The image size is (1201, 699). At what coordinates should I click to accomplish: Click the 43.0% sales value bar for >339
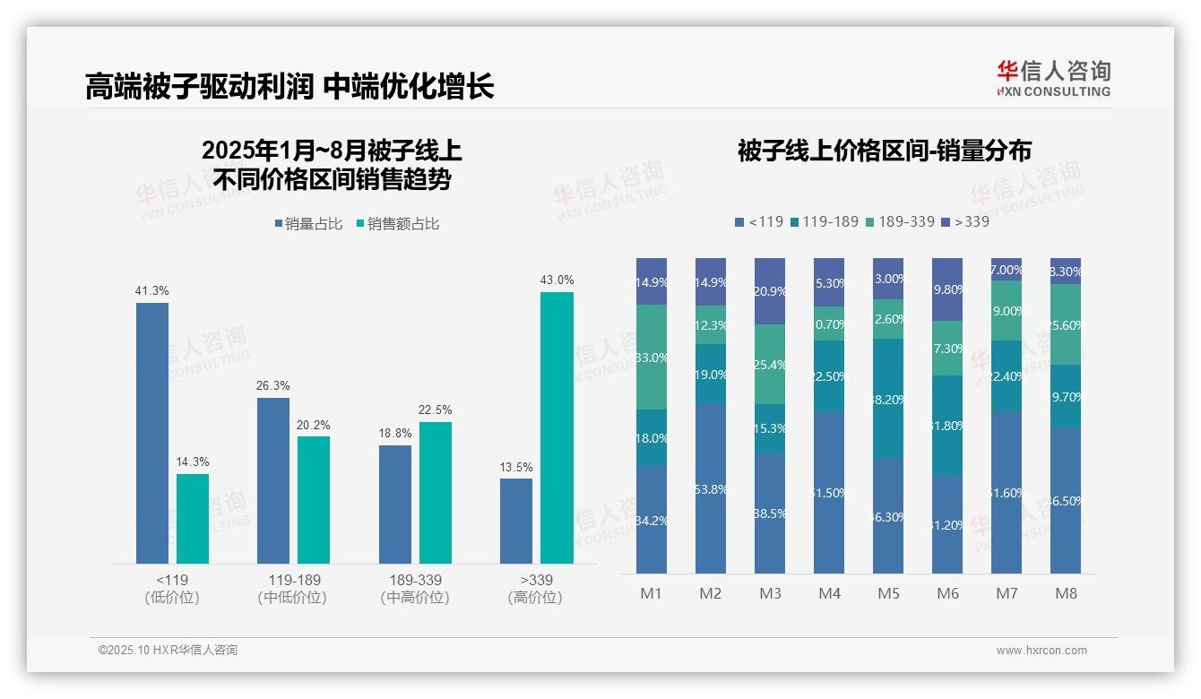557,427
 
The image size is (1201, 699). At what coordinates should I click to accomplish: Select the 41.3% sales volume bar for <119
152,433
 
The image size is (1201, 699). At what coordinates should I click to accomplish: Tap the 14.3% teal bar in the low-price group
193,518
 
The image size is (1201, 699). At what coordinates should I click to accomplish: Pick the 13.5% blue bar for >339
516,521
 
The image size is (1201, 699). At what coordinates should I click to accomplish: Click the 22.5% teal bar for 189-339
436,492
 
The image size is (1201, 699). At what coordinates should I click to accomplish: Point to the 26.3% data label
273,386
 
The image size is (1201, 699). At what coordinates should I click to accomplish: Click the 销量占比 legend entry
309,224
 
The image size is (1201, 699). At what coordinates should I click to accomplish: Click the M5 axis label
888,593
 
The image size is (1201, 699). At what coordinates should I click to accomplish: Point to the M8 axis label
1066,593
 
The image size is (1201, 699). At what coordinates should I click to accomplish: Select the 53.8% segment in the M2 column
711,488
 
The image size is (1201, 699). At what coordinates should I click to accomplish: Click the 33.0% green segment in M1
652,357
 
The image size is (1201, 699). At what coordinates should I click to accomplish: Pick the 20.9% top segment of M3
770,291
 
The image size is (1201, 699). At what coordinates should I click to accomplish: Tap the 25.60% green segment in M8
1066,324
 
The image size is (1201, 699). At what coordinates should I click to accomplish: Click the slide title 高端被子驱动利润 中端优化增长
289,87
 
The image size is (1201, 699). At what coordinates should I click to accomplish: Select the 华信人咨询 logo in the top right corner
1053,78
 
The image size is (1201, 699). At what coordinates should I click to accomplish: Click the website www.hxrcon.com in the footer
1041,651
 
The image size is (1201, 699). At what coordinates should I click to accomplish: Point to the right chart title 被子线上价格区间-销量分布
884,151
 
